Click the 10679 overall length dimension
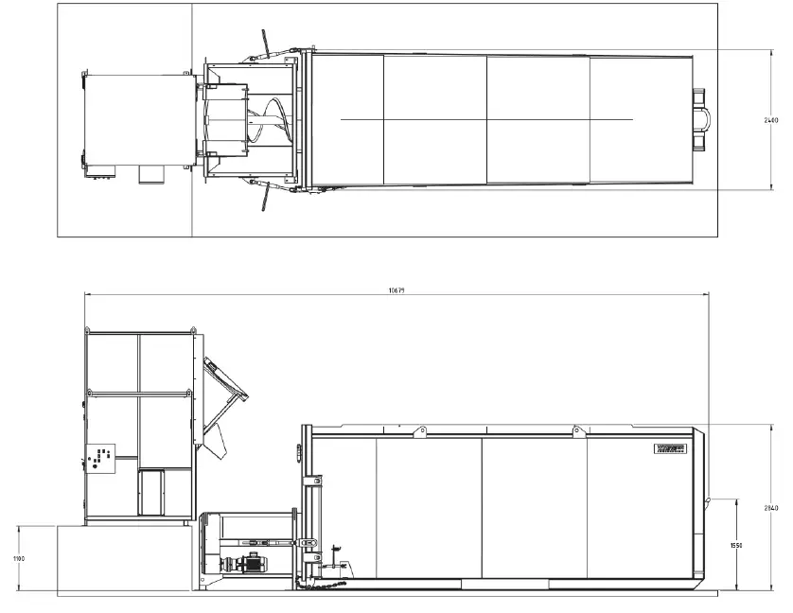point(396,290)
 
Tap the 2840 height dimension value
point(773,509)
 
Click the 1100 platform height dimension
point(18,559)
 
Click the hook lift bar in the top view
point(702,118)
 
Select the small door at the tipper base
point(151,492)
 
